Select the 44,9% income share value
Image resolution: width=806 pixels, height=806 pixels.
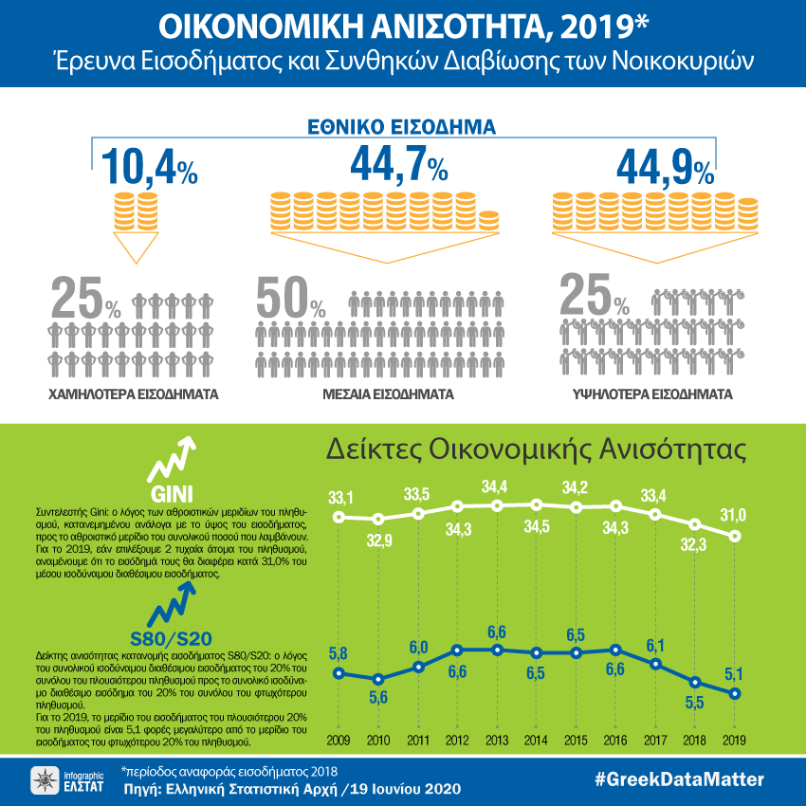pos(665,168)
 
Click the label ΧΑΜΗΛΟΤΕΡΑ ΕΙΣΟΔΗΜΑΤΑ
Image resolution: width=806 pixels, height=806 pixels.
pos(133,393)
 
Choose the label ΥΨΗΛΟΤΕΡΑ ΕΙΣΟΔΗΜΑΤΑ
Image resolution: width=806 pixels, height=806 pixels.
pos(653,393)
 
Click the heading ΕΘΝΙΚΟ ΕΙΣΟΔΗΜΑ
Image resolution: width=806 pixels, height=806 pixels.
pos(403,126)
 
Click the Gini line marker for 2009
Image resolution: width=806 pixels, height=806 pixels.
pos(339,517)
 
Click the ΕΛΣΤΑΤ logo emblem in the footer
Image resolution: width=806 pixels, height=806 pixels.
pos(44,780)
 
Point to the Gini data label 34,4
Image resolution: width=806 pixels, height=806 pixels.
pos(496,486)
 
